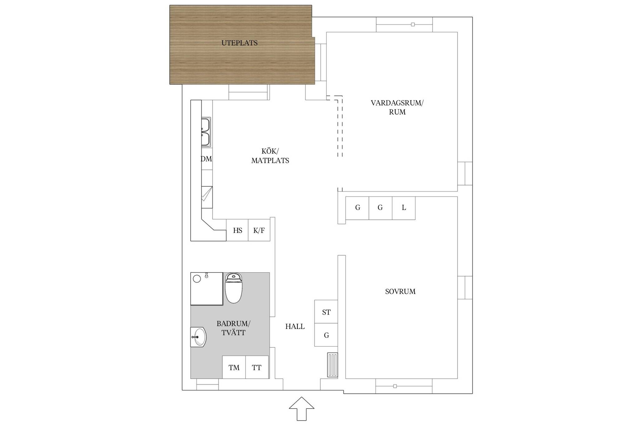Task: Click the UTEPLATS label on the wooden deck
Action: (239, 43)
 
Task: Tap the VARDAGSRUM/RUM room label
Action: (397, 107)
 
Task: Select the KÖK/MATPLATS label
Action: (270, 156)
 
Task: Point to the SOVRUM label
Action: (400, 291)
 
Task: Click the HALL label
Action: (295, 326)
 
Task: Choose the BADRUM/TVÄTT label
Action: (233, 328)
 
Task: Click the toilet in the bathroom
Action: (234, 288)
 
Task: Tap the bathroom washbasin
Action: (198, 337)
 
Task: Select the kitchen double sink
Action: (206, 132)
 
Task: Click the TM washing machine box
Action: (234, 367)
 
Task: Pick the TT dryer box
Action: (257, 367)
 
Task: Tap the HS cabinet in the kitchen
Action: (237, 230)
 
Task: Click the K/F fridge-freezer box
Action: (259, 230)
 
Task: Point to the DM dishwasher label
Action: (206, 159)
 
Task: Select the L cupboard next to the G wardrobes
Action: (404, 208)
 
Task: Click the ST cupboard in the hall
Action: (326, 312)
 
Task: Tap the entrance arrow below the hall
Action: (301, 409)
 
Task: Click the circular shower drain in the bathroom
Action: (197, 279)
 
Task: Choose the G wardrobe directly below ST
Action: (326, 335)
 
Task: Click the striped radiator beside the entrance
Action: (333, 365)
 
